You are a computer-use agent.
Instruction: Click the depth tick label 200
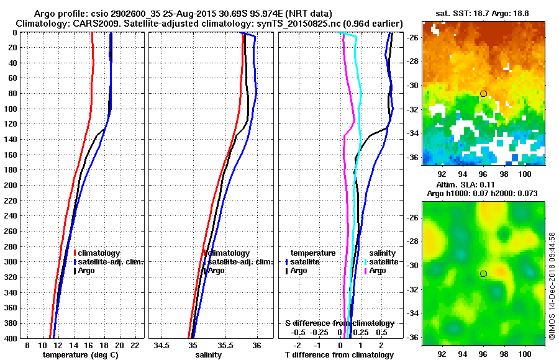pyautogui.click(x=11, y=185)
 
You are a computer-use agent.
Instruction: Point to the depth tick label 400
pyautogui.click(x=11, y=338)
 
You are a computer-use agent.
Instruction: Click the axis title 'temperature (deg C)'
pyautogui.click(x=80, y=355)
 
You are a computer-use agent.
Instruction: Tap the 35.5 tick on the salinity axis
pyautogui.click(x=225, y=344)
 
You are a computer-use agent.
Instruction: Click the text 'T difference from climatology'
pyautogui.click(x=339, y=355)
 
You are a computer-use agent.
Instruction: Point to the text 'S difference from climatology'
pyautogui.click(x=339, y=323)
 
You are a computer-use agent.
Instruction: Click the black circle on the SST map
pyautogui.click(x=483, y=94)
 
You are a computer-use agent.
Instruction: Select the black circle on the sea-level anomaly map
pyautogui.click(x=483, y=273)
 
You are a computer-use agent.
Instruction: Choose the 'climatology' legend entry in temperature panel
pyautogui.click(x=99, y=253)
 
